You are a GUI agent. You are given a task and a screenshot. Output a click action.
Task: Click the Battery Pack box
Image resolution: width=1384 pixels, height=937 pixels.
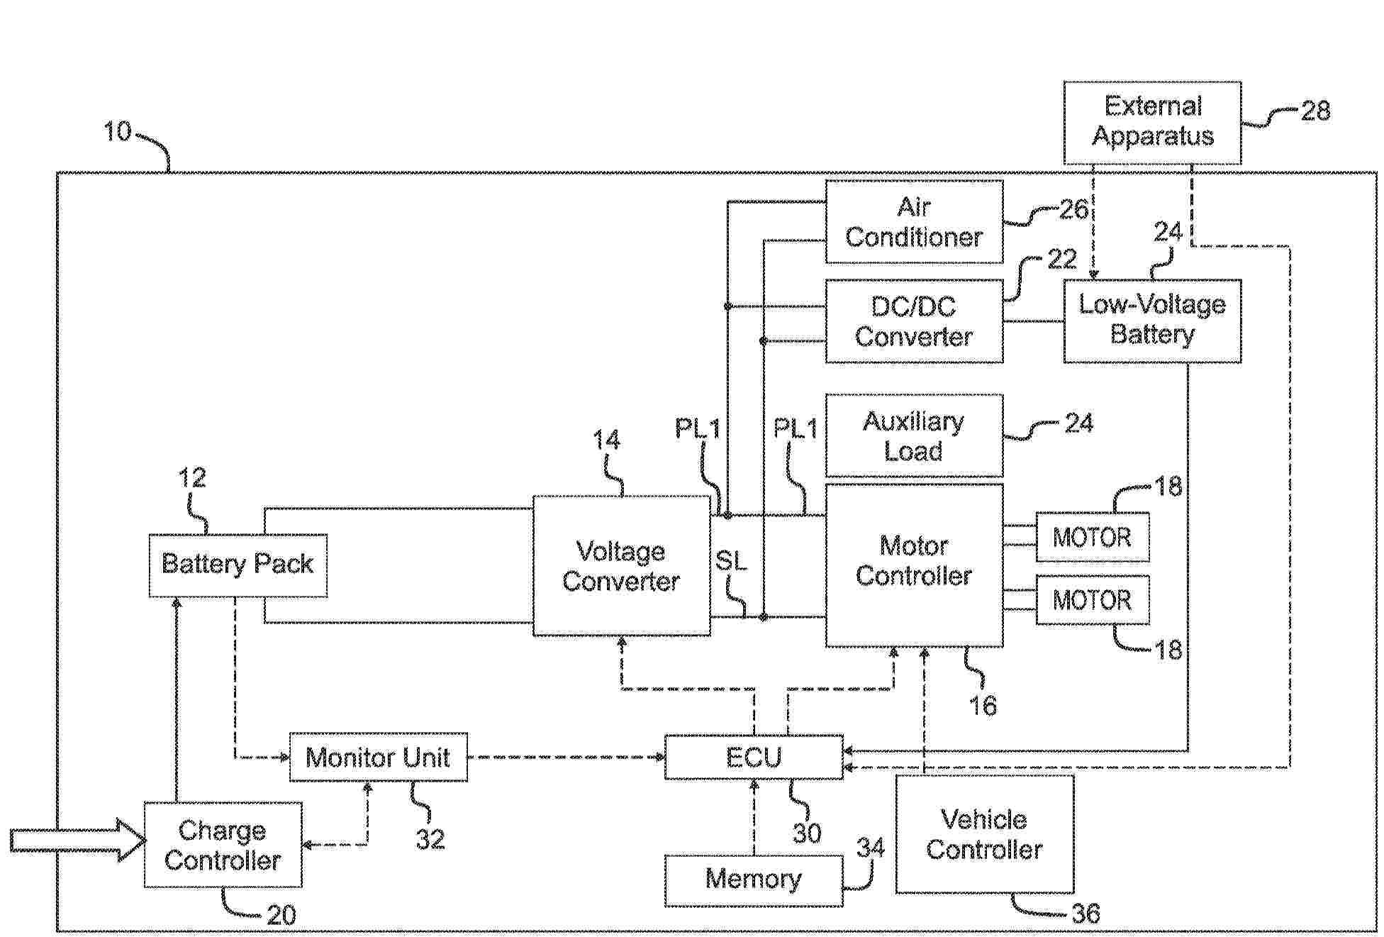[x=238, y=565]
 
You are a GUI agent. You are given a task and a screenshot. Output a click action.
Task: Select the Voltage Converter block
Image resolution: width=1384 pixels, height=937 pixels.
[x=621, y=565]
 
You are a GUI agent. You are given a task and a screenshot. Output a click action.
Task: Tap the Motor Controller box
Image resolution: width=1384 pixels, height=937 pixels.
[x=914, y=565]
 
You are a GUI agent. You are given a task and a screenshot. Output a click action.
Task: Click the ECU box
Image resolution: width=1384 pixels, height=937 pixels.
[x=754, y=757]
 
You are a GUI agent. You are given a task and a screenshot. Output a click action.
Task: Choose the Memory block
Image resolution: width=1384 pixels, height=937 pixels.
[x=754, y=880]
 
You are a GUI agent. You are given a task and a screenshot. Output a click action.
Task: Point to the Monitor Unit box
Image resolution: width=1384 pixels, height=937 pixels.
[x=378, y=757]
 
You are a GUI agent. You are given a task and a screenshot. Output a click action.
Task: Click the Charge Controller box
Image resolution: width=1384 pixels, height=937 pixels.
[x=223, y=844]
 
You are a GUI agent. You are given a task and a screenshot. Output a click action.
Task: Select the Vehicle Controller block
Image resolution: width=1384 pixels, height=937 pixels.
[x=984, y=834]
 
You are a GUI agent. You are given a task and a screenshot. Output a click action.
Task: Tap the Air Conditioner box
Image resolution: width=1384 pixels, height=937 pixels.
[x=914, y=221]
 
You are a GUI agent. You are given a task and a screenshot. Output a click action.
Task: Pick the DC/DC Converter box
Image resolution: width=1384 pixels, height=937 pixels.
[x=914, y=321]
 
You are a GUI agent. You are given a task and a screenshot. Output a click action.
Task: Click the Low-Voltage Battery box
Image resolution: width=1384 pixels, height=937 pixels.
[x=1152, y=321]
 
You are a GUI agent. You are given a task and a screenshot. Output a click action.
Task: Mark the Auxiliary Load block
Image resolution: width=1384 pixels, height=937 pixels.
[x=914, y=436]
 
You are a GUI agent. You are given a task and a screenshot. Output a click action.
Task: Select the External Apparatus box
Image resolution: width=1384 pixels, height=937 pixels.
[x=1152, y=122]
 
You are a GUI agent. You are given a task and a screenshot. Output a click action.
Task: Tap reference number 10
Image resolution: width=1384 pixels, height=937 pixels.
[x=118, y=131]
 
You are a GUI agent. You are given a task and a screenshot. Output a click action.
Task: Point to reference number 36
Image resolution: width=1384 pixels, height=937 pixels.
[x=1086, y=913]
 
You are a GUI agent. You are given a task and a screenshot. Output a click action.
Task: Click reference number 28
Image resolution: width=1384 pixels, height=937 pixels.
[x=1315, y=111]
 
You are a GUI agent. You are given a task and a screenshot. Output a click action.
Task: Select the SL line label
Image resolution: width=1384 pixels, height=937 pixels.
[x=731, y=561]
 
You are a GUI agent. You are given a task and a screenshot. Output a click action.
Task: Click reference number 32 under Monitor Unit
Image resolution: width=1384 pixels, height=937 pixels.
[x=430, y=839]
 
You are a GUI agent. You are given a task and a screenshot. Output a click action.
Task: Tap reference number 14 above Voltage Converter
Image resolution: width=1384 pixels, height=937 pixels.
[x=607, y=440]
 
